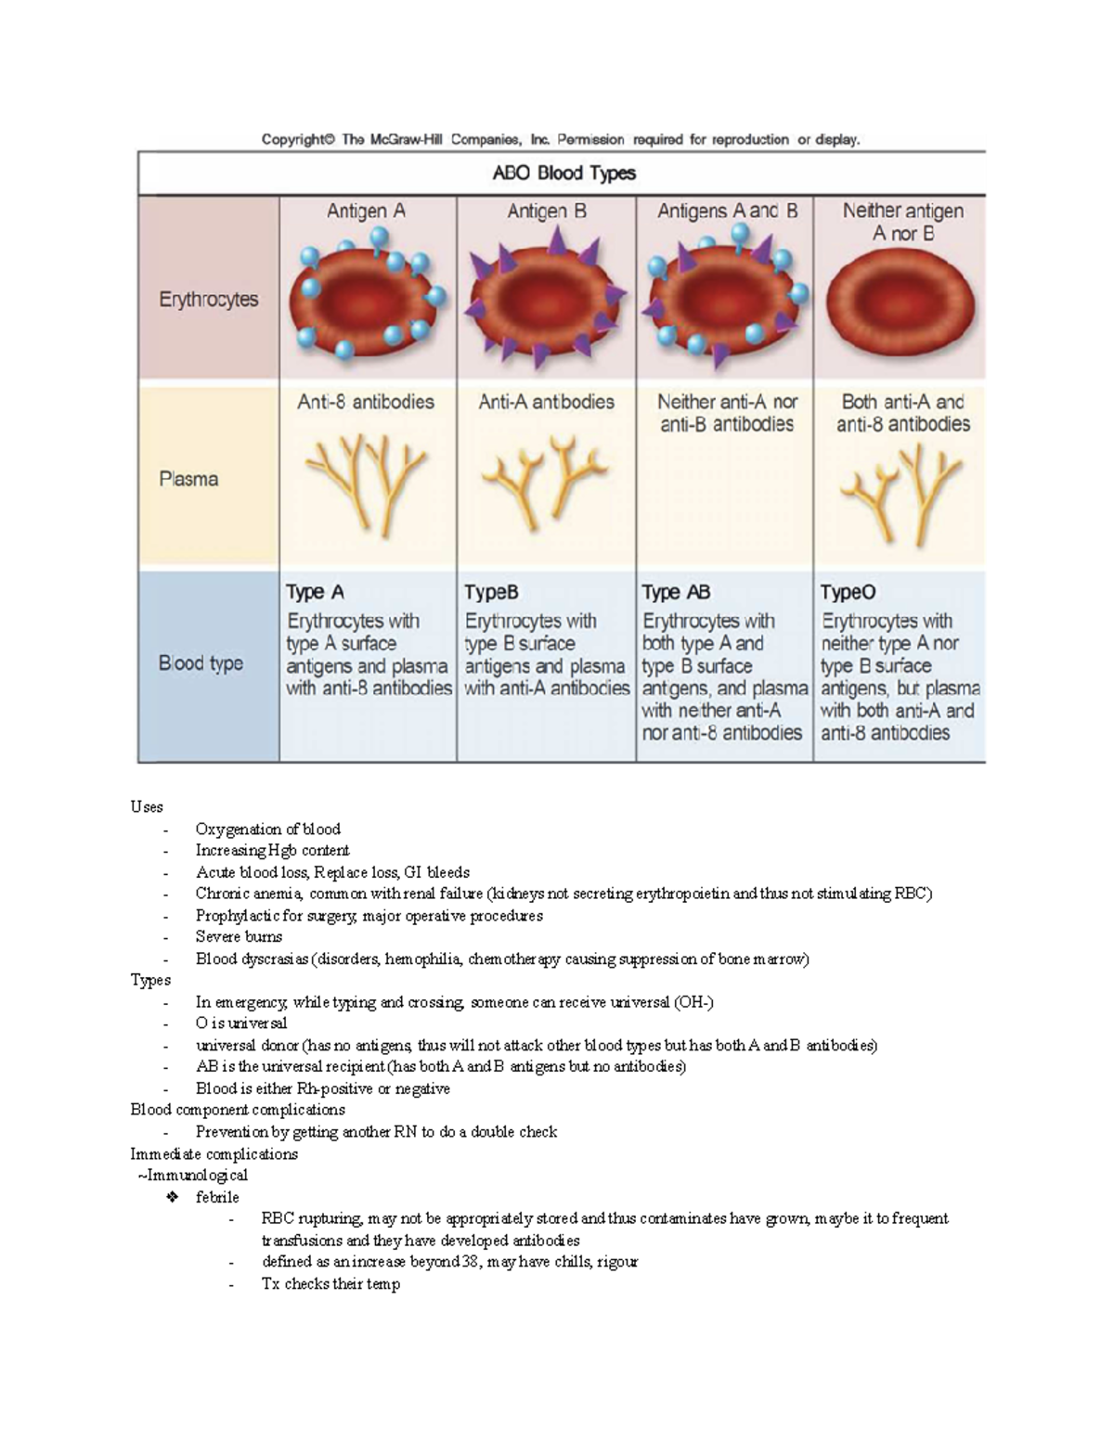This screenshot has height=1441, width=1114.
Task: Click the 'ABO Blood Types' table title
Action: [563, 174]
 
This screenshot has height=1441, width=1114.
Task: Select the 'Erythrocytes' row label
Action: [208, 300]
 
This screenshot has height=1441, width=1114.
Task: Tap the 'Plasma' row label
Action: [188, 479]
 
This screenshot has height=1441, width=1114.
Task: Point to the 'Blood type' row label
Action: [201, 663]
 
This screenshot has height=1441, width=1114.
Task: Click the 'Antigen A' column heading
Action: [366, 212]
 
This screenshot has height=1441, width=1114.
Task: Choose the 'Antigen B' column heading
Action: [546, 212]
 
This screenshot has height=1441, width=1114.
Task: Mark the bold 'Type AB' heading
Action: [676, 592]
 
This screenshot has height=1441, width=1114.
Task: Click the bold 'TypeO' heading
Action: [848, 592]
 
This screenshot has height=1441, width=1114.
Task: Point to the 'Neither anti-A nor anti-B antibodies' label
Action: [727, 413]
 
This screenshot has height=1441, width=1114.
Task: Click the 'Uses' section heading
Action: [147, 807]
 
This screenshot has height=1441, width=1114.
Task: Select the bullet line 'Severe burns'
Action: [239, 937]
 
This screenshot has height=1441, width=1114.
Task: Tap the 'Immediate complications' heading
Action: [214, 1154]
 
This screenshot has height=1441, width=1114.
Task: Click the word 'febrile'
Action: [217, 1197]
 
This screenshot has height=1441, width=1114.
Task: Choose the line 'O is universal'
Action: [241, 1023]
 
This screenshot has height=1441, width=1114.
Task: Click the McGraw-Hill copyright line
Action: [561, 140]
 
